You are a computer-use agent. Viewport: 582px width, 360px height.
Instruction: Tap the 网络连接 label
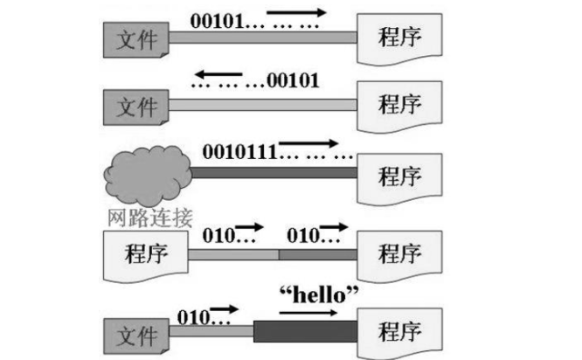[x=150, y=215]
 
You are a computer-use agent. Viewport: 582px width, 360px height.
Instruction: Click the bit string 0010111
[x=239, y=149]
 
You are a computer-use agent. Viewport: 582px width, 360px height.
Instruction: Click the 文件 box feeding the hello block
[x=135, y=335]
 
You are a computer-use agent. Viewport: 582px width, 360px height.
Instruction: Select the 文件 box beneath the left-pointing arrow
[x=135, y=107]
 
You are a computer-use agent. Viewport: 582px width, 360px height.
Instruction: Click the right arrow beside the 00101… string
[x=298, y=12]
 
